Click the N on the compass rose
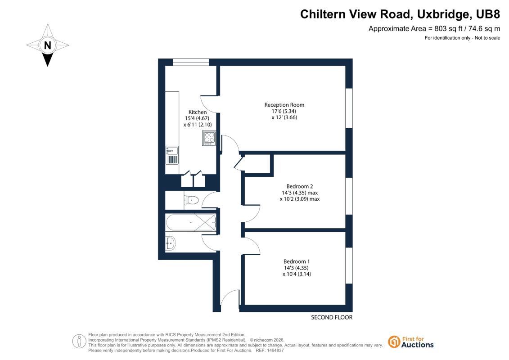click(x=47, y=45)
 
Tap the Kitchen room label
click(x=198, y=112)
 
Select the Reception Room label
click(x=284, y=105)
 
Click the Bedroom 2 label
click(x=300, y=186)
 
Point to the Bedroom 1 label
click(x=297, y=261)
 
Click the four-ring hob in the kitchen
click(x=209, y=138)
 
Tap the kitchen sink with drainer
click(x=172, y=155)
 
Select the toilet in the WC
click(x=191, y=200)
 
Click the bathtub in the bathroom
click(x=191, y=222)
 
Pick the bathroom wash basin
click(x=170, y=243)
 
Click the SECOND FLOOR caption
click(x=331, y=317)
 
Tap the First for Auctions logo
click(x=410, y=342)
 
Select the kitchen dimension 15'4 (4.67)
click(x=197, y=118)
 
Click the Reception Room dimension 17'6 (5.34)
click(x=284, y=111)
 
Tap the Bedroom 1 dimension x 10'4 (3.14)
click(x=297, y=274)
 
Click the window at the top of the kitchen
click(x=190, y=62)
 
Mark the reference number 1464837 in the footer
click(x=274, y=351)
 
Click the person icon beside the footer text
click(x=79, y=342)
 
